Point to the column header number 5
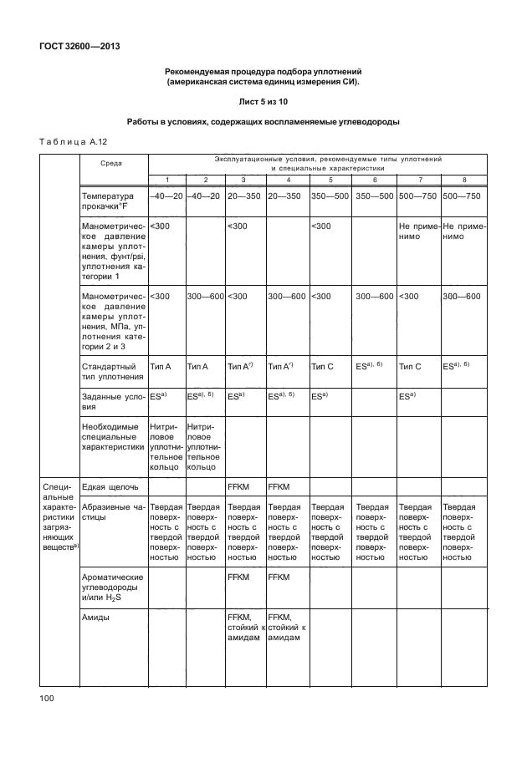click(x=330, y=181)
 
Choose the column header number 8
click(x=464, y=181)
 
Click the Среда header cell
click(x=110, y=165)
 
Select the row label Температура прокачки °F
click(x=107, y=201)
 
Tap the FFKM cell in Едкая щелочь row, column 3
click(x=239, y=486)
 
